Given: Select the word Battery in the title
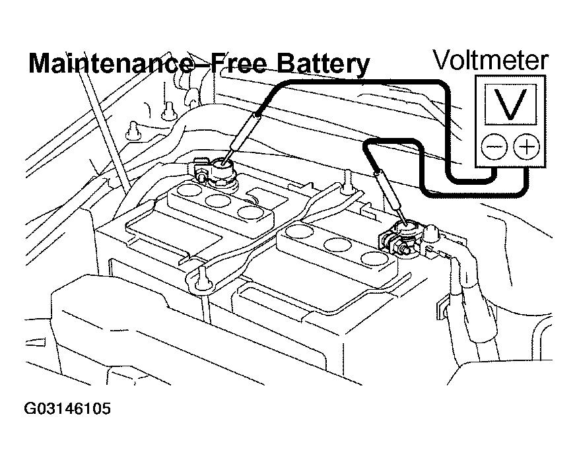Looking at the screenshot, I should point(322,64).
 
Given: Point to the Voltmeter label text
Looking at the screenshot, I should point(490,60).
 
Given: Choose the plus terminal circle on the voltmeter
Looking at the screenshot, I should point(527,147).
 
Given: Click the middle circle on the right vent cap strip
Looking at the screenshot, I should point(339,245).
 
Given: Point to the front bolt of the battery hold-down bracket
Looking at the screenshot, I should point(200,280).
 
